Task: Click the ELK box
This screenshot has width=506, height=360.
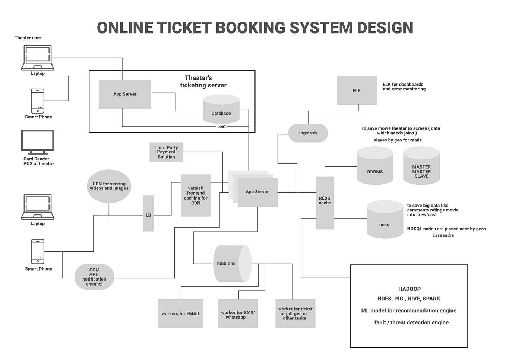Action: (357, 90)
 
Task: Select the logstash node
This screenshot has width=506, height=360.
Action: (308, 133)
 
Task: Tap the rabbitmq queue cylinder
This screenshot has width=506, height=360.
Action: (232, 264)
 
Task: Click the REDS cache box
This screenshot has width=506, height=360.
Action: (325, 203)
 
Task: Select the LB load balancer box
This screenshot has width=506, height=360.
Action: (148, 214)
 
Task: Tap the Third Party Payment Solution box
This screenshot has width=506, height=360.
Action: (166, 152)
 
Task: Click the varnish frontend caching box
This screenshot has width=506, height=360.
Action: (196, 195)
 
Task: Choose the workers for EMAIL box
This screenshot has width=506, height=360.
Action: (181, 313)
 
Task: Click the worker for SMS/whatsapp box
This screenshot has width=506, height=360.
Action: (238, 313)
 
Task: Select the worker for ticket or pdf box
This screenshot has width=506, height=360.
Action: (295, 313)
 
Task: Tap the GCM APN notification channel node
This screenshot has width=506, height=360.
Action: (94, 277)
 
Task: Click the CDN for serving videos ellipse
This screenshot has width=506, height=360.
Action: (109, 186)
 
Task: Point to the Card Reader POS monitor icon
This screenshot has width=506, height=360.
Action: (38, 142)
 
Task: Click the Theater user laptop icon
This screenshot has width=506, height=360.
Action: (38, 58)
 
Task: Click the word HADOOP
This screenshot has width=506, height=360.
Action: (409, 289)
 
